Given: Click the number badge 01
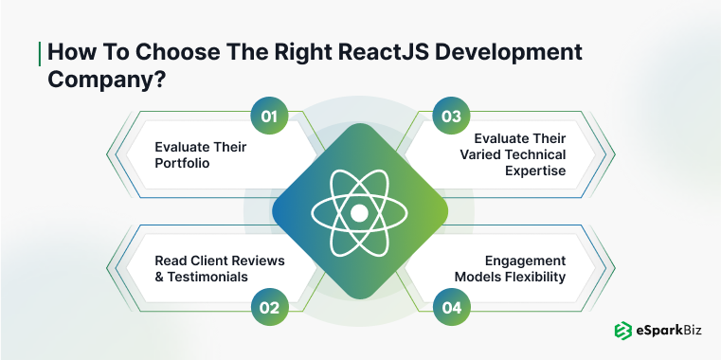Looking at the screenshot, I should pyautogui.click(x=268, y=117).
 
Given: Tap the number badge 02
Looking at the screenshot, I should pyautogui.click(x=268, y=307).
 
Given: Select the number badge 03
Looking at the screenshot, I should pyautogui.click(x=451, y=117).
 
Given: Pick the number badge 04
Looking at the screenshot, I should pyautogui.click(x=451, y=307).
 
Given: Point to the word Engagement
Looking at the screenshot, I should pyautogui.click(x=524, y=260).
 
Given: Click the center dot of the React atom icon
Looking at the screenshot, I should pyautogui.click(x=359, y=213).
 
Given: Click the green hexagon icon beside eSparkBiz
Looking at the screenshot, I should pyautogui.click(x=622, y=332).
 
